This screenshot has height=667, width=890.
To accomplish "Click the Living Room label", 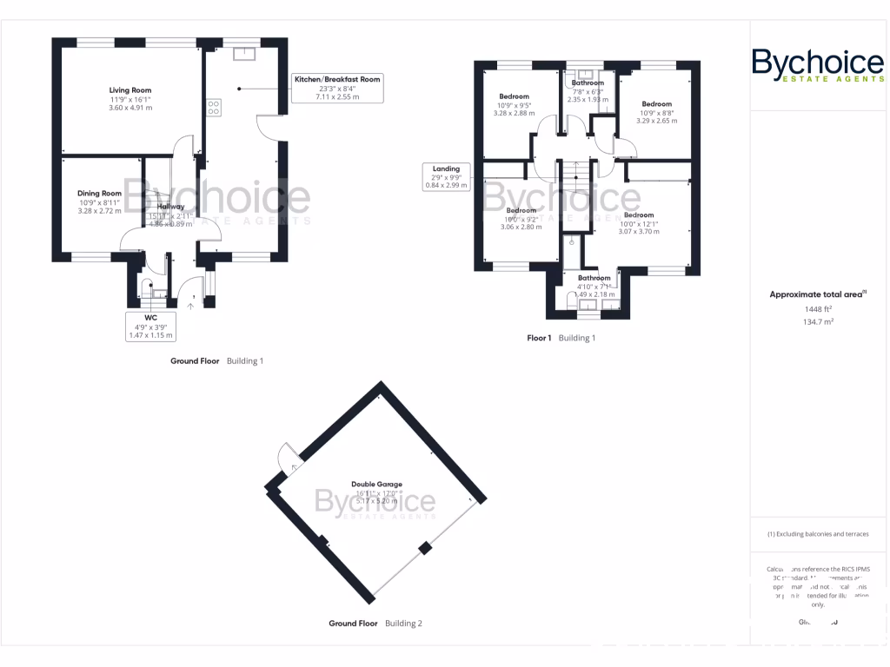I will tap(130, 90).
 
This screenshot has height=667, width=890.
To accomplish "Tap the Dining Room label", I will tap(99, 194).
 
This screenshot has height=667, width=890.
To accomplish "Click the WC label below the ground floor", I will tap(150, 318).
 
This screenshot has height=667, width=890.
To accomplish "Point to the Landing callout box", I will tap(447, 176).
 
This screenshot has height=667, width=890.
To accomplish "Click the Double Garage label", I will tap(376, 485).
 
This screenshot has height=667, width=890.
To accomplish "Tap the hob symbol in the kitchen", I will tap(213, 107).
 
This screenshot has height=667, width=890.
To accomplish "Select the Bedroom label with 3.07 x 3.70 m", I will tap(638, 215).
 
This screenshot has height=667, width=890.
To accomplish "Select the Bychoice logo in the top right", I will tap(817, 66).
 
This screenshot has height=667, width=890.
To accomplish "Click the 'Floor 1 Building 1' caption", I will tap(561, 338).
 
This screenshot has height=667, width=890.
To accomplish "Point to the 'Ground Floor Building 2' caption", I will tap(375, 624).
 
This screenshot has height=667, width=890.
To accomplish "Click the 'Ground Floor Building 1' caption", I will tap(216, 360).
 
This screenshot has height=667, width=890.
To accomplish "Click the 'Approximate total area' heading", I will tap(816, 294).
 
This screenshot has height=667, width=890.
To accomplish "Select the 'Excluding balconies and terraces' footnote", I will tap(817, 534).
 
